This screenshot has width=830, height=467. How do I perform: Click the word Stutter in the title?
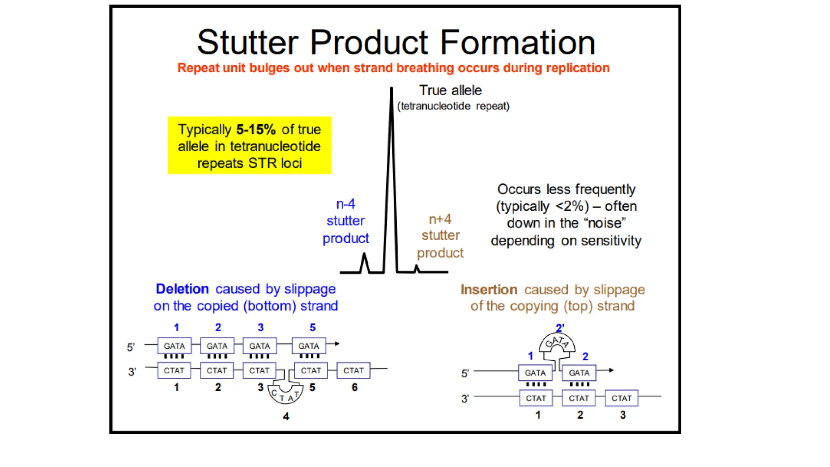tap(248, 43)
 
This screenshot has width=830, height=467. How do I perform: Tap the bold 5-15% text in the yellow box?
tap(256, 130)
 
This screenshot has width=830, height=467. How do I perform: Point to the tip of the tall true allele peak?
tap(391, 88)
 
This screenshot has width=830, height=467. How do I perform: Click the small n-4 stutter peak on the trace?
tap(365, 255)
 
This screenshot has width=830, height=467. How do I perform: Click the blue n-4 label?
tap(346, 204)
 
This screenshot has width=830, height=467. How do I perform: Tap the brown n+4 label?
tap(440, 219)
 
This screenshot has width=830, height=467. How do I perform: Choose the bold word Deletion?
tap(182, 289)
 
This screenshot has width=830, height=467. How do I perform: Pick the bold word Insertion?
tap(489, 290)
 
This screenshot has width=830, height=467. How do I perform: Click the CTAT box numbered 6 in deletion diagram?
tap(353, 371)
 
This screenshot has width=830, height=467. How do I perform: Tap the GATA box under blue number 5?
tap(309, 346)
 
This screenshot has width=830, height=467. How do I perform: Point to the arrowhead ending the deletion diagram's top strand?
tap(337, 344)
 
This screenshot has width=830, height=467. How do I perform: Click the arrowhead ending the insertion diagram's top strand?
tap(612, 370)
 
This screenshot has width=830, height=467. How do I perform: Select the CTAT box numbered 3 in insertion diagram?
tap(621, 398)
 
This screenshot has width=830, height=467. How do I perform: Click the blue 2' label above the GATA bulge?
tap(560, 328)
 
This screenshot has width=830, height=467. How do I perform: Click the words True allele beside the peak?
tap(450, 90)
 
